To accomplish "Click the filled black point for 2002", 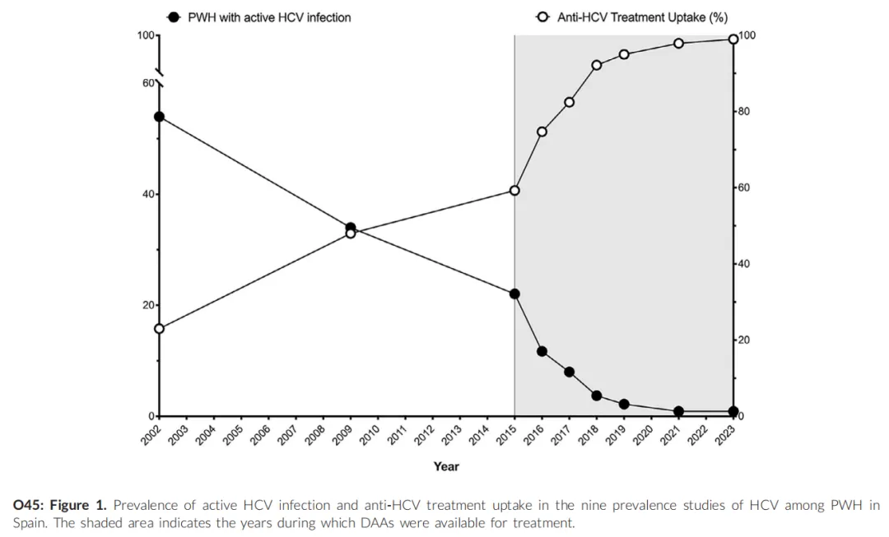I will [x=159, y=117].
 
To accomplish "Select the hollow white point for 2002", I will [x=159, y=329].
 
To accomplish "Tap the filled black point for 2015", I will [x=514, y=294].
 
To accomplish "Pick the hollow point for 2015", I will [x=514, y=191].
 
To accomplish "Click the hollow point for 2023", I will [x=733, y=39].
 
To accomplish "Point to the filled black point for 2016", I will [x=542, y=351].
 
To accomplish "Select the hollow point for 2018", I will [x=597, y=65].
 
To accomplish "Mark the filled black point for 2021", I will [x=678, y=411].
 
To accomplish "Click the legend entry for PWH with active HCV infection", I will [x=260, y=17].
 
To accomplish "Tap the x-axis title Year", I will [x=446, y=466].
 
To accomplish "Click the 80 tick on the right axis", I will [x=743, y=112].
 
